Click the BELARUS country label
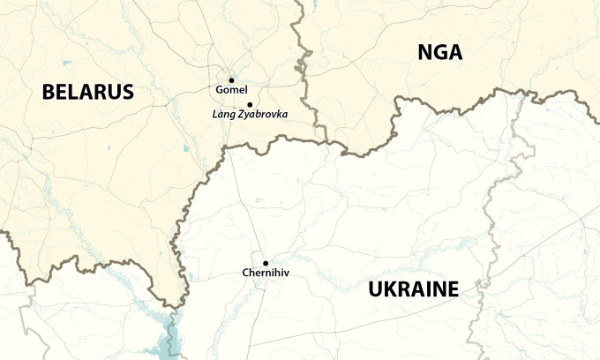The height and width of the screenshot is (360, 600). (x=87, y=91)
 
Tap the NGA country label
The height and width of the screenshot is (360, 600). (x=439, y=53)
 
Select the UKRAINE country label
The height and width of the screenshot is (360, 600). (x=414, y=289)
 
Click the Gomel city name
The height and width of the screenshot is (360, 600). (x=231, y=90)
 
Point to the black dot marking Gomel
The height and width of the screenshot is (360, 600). (x=231, y=79)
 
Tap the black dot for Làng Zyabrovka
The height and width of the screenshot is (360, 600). (x=250, y=104)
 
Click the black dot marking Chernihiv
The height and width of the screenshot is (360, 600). (x=265, y=263)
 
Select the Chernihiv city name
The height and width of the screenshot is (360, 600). (x=265, y=274)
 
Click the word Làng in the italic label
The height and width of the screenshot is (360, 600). (x=223, y=115)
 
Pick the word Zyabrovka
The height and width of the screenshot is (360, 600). (x=262, y=115)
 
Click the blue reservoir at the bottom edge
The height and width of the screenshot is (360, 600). (x=172, y=340)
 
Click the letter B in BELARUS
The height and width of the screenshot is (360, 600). (x=49, y=91)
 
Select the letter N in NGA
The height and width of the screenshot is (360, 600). (x=424, y=53)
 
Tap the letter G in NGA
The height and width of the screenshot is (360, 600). (x=439, y=53)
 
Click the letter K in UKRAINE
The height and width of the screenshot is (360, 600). (x=394, y=289)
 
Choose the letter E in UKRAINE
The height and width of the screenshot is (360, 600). (x=452, y=289)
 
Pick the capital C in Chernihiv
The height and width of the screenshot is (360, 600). (x=245, y=274)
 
